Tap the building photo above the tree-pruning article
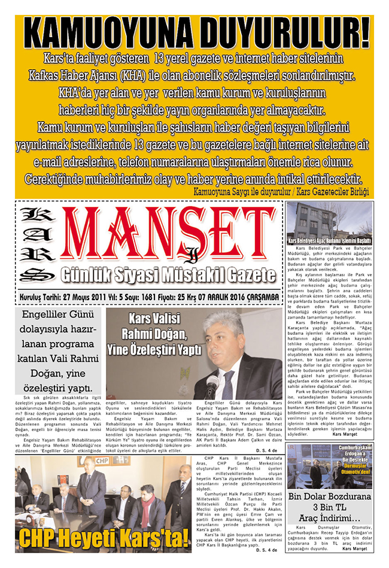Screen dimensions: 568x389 tap(329, 220)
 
